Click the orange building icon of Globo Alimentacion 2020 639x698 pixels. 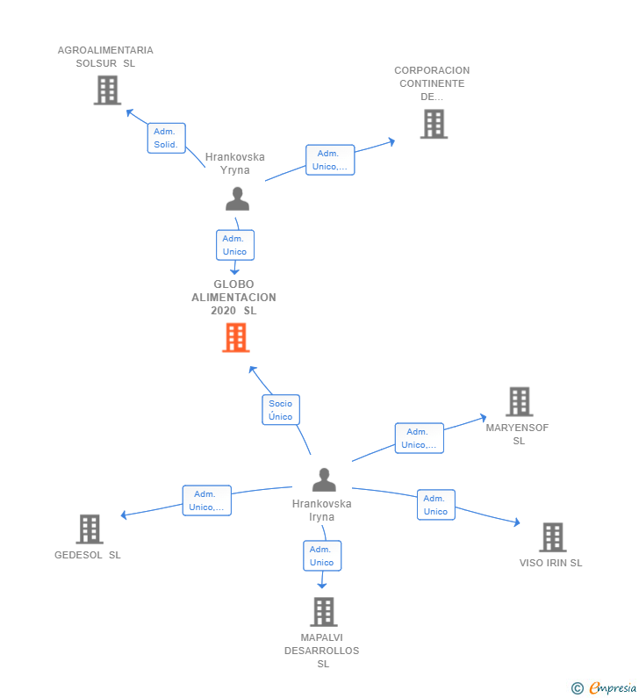235,338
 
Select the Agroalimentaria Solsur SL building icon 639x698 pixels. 107,90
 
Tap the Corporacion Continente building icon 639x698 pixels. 434,125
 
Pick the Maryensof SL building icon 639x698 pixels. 520,402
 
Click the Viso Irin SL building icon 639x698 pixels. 552,537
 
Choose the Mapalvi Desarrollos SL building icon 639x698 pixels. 323,612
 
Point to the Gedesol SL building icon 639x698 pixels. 90,529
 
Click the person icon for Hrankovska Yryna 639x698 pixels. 237,199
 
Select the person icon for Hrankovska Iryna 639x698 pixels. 324,480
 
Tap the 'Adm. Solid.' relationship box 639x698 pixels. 166,138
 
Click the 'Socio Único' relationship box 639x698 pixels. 281,410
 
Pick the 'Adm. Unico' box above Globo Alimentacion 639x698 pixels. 234,245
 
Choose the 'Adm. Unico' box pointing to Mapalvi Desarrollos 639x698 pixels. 322,556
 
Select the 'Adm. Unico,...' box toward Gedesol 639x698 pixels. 206,500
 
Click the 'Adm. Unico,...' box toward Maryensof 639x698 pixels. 419,438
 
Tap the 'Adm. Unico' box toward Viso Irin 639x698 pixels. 435,505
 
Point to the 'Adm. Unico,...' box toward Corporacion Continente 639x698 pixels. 330,160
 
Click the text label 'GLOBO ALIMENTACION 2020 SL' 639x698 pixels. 234,298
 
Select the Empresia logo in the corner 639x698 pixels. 605,687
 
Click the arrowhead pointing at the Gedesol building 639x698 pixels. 124,515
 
